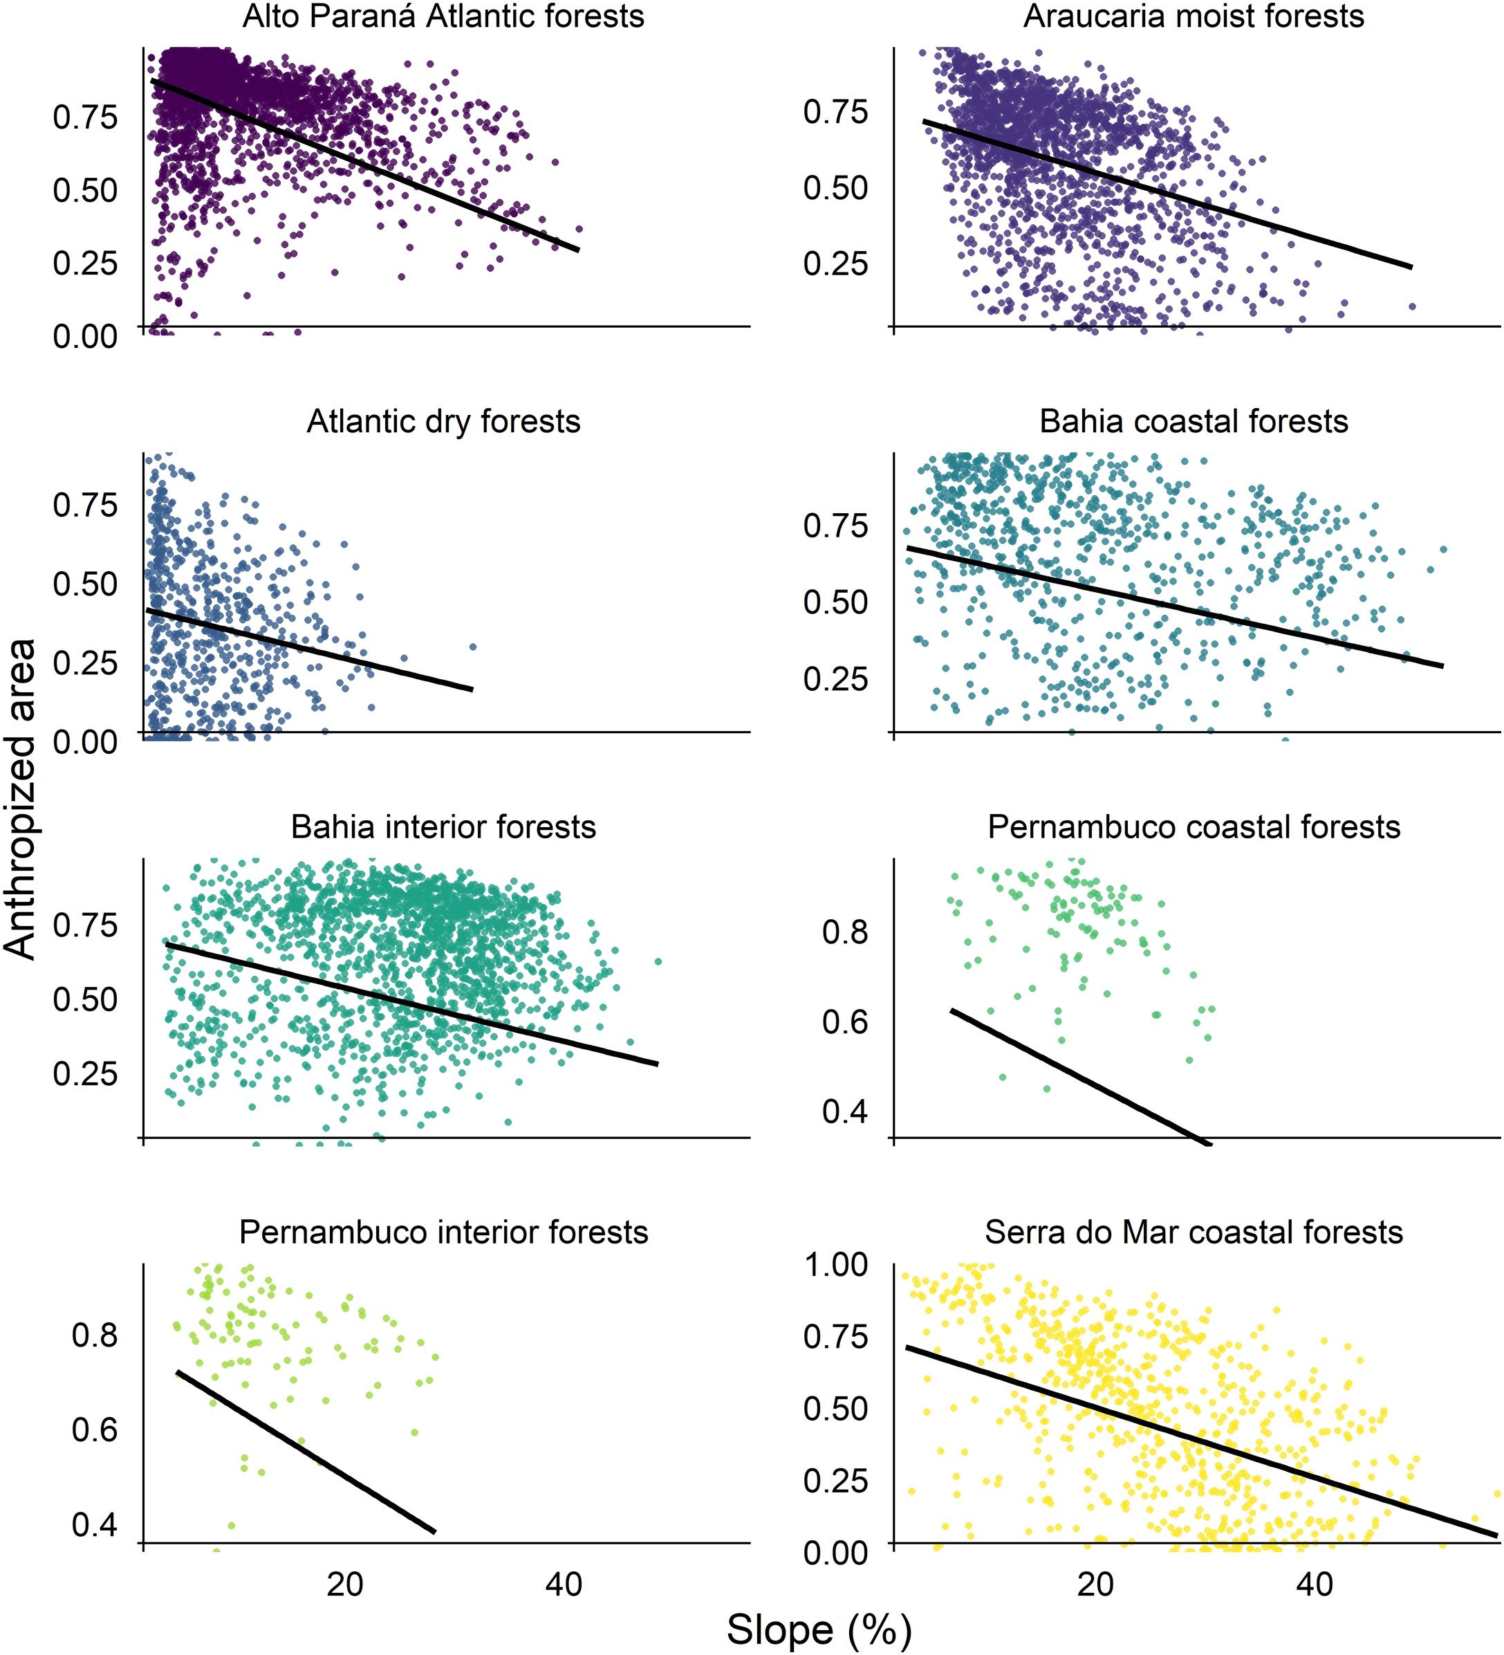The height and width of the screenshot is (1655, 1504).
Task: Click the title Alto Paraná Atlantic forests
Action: [443, 17]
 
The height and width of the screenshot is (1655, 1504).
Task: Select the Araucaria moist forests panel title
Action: [1194, 17]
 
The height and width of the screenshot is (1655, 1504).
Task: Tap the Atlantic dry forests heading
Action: [443, 421]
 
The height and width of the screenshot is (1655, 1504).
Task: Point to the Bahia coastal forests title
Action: [1194, 421]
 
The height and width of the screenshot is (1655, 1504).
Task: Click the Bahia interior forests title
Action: [443, 826]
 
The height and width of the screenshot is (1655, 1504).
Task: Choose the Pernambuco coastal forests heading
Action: [1194, 826]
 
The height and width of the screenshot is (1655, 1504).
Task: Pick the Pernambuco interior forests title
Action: [443, 1232]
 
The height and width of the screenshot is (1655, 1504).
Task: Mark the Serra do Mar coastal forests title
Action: [1194, 1232]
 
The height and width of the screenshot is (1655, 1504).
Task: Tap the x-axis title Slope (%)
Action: [819, 1629]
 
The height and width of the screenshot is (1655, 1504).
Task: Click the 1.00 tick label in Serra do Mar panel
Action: [835, 1265]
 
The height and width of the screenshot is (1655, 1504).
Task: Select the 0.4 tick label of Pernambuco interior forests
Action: [95, 1524]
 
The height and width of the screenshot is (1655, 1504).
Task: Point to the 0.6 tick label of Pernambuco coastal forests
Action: [845, 1021]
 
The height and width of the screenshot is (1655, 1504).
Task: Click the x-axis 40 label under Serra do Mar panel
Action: [1315, 1584]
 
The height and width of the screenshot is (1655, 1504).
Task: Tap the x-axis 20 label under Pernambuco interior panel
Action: [345, 1584]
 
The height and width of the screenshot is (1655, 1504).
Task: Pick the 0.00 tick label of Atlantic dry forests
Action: [84, 741]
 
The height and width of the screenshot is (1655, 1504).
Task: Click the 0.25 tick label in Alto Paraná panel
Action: [84, 263]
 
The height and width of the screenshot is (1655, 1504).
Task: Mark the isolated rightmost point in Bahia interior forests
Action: [658, 961]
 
